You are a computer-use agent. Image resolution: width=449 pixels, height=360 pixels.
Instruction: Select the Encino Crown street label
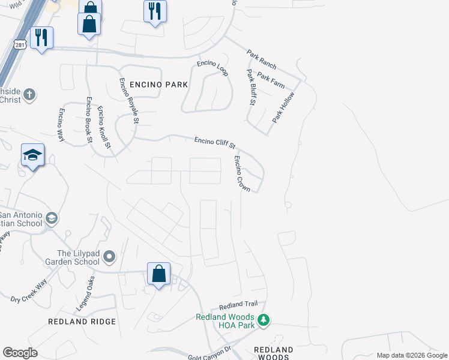click(242, 173)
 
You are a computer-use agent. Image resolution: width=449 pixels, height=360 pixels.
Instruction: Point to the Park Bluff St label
click(252, 88)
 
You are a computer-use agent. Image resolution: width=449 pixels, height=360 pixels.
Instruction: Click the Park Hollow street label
click(283, 108)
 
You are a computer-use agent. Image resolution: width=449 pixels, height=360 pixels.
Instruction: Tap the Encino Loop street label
click(213, 68)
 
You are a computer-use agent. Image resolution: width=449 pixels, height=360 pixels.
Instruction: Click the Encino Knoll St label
click(104, 127)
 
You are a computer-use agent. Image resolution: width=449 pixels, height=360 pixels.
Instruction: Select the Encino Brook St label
click(89, 120)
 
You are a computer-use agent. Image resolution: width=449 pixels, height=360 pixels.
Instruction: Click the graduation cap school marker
click(33, 156)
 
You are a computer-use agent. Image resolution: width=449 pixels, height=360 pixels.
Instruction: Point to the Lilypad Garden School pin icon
click(109, 257)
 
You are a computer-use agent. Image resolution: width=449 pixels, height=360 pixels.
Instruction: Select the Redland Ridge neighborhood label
click(82, 322)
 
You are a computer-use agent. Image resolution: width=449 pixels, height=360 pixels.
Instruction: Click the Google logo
click(20, 353)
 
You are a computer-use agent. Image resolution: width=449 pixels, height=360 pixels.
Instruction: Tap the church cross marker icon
click(29, 95)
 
